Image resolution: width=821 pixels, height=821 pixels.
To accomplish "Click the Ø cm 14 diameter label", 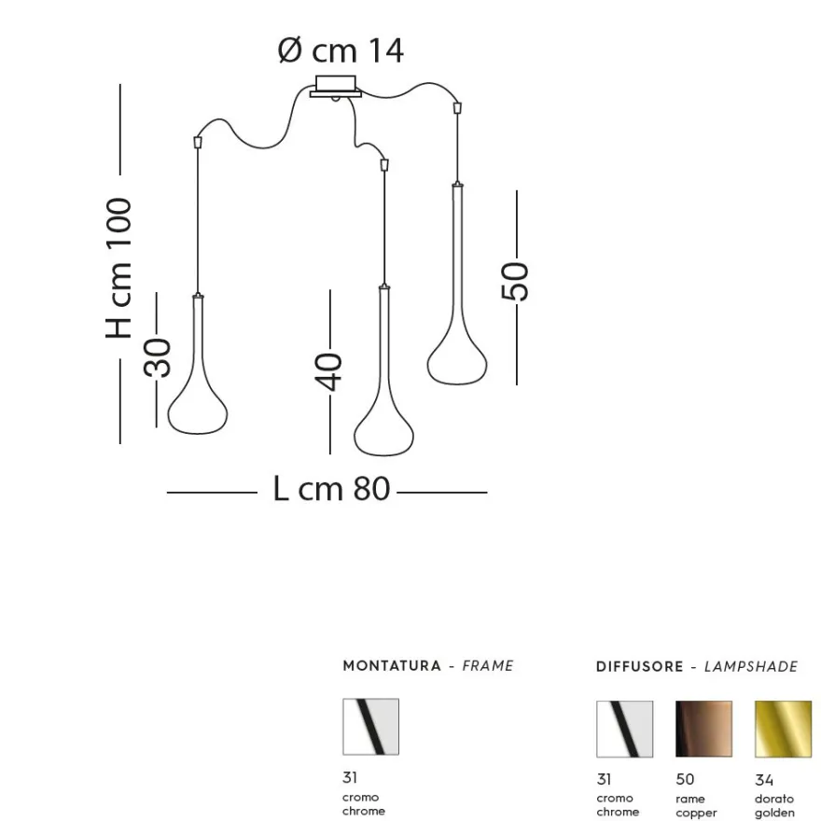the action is (341, 50).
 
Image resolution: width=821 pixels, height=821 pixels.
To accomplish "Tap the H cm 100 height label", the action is (118, 268).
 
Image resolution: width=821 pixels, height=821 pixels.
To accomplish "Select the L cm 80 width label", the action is (331, 489).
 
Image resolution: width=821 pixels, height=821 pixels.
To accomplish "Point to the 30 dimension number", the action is (158, 357).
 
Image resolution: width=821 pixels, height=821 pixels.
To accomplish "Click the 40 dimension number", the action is (328, 372).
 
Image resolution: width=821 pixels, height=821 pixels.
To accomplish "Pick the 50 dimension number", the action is (515, 282).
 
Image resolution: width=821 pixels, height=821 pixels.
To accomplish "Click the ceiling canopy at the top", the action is (336, 87).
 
